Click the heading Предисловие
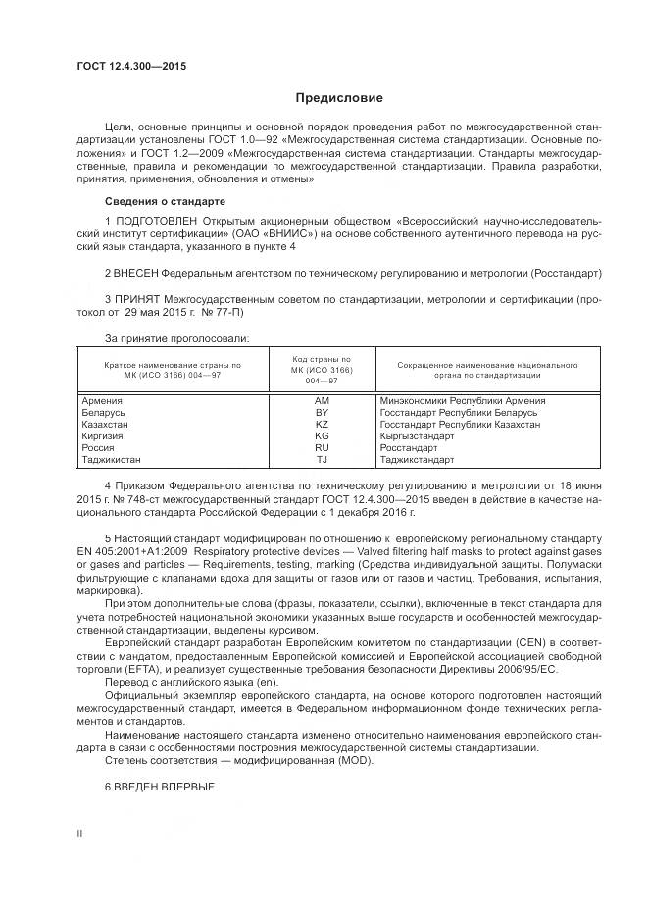(x=339, y=98)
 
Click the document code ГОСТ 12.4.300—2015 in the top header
(x=130, y=67)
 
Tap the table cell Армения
(x=102, y=401)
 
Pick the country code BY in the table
(x=321, y=413)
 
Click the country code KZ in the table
(x=321, y=425)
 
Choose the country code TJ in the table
(x=321, y=459)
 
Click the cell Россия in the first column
(x=100, y=447)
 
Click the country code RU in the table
(x=321, y=447)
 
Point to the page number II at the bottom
(x=79, y=833)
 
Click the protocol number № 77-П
(x=222, y=312)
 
